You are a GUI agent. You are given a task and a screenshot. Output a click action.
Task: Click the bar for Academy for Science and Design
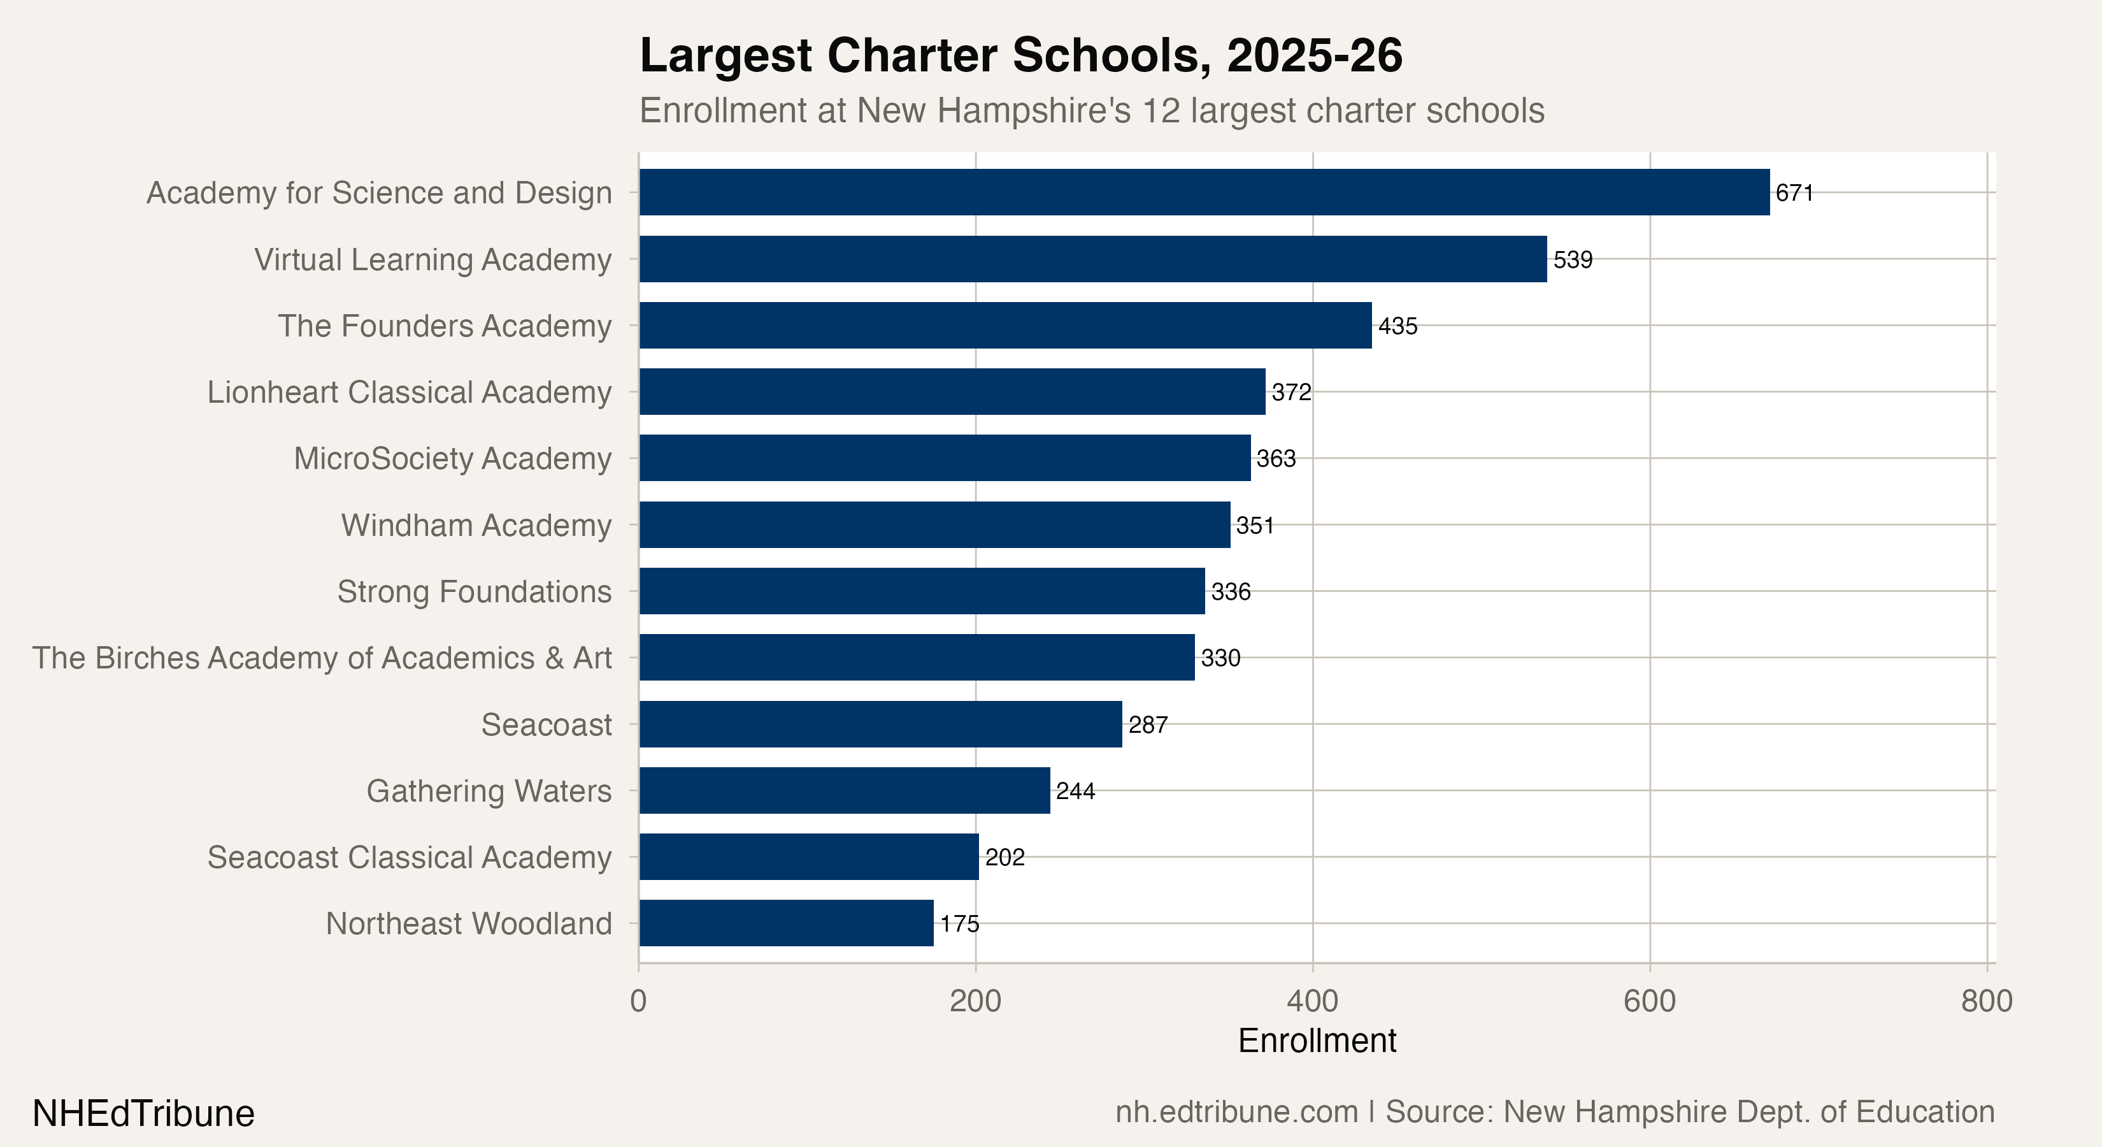(x=1204, y=192)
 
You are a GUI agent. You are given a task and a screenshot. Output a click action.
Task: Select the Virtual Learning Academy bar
(x=1092, y=259)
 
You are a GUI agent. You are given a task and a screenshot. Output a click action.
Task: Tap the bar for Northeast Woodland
(x=786, y=923)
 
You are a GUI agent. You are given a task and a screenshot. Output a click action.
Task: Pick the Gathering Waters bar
(x=845, y=790)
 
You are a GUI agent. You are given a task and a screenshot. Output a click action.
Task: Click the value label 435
(x=1398, y=326)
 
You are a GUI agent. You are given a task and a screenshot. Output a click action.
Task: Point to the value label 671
(x=1794, y=192)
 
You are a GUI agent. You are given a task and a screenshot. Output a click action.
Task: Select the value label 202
(x=1005, y=857)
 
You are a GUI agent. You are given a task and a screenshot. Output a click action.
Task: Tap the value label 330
(x=1220, y=658)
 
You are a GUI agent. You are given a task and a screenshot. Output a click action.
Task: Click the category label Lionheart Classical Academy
(x=409, y=392)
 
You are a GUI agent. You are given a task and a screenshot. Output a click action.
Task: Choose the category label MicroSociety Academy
(x=452, y=459)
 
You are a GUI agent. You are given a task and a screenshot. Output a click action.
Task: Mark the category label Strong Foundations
(x=474, y=592)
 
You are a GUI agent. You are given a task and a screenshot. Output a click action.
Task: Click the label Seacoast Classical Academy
(x=409, y=857)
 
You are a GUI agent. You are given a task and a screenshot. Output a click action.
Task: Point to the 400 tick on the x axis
(x=1312, y=1001)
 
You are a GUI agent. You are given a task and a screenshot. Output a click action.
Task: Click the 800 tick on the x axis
(x=1986, y=1001)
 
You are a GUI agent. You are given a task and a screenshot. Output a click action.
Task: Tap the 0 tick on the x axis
(x=638, y=1001)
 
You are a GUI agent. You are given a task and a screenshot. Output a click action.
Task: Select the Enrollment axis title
(x=1317, y=1041)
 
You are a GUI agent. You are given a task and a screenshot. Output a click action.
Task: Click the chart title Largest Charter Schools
(x=1020, y=55)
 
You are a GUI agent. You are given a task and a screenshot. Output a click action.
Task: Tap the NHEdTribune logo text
(x=143, y=1113)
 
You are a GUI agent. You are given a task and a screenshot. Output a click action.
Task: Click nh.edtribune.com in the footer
(x=1236, y=1112)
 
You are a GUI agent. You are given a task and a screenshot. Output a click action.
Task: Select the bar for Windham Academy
(x=934, y=525)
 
